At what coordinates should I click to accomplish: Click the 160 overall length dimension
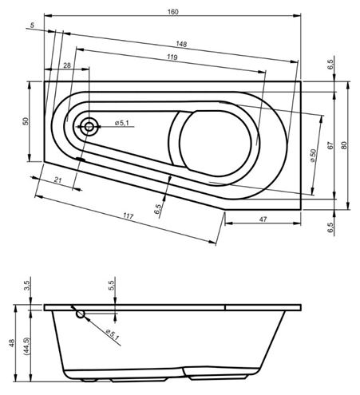[173, 12]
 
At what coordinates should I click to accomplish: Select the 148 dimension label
[181, 44]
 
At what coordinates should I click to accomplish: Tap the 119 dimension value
[172, 57]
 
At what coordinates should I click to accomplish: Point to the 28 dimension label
[67, 65]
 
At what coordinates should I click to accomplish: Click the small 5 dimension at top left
[32, 26]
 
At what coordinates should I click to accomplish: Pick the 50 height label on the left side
[26, 121]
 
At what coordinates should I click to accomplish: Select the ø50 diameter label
[313, 156]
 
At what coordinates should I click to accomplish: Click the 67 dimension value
[330, 145]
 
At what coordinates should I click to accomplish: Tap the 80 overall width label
[344, 145]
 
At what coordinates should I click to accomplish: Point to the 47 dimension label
[263, 219]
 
